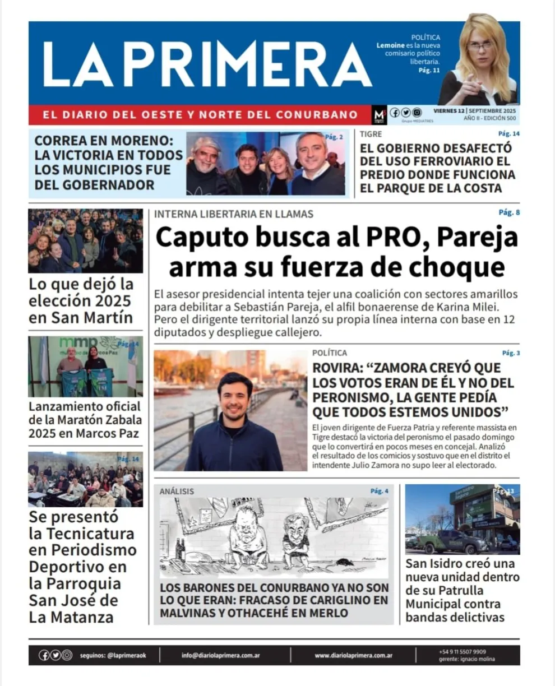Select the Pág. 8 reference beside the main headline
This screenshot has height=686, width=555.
[x=509, y=212]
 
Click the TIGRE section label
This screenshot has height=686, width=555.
[x=371, y=135]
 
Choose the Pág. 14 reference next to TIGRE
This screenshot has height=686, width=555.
[x=508, y=134]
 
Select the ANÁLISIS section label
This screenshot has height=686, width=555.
[x=177, y=492]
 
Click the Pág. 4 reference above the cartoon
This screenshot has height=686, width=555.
[x=379, y=492]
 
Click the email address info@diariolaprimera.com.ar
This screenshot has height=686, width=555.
[x=220, y=655]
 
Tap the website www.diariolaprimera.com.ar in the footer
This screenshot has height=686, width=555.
[x=353, y=655]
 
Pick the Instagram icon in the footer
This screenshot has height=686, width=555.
[x=67, y=655]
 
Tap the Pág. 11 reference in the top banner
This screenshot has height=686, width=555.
[x=429, y=70]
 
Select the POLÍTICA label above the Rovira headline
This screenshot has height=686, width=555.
[x=330, y=353]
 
